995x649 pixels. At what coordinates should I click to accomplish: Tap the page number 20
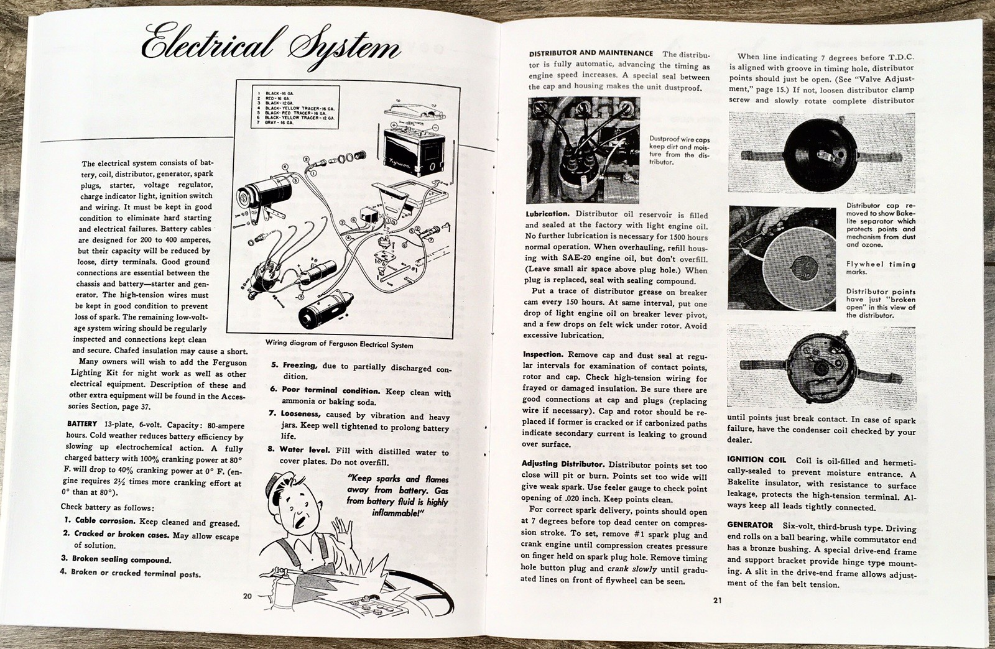(247, 596)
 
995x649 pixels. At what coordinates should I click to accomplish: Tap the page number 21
(713, 601)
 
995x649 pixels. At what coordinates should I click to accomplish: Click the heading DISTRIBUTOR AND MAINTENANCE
(590, 53)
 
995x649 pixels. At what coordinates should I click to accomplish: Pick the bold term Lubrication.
(547, 214)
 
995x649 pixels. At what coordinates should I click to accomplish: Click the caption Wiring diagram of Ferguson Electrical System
(338, 344)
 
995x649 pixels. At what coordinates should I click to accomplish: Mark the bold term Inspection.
(546, 354)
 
